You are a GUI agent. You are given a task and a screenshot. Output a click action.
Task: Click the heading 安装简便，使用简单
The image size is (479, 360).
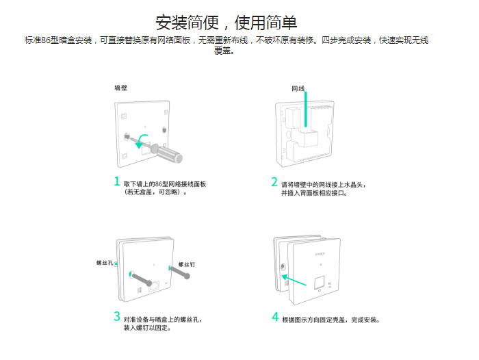[226, 23]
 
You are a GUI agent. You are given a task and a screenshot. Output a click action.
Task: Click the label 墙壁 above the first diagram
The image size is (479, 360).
[120, 88]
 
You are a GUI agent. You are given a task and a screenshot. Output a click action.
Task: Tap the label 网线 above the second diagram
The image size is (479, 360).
[298, 88]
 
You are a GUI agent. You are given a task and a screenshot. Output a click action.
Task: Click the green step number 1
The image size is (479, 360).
[117, 181]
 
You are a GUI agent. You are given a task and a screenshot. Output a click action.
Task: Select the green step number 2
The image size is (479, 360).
[274, 182]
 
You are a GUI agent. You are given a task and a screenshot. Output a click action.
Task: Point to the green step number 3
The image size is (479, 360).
[117, 316]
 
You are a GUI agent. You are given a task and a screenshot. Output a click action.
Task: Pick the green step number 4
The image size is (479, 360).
[275, 317]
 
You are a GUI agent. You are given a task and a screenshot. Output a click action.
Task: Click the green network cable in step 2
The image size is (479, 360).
[305, 110]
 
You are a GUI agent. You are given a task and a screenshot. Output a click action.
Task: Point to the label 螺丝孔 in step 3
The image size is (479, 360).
[105, 263]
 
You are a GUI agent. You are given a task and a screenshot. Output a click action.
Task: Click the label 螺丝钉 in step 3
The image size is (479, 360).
[186, 264]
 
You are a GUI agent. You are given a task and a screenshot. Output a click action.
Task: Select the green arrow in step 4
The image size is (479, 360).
[294, 280]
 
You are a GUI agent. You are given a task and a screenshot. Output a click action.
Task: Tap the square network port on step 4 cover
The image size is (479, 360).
[320, 283]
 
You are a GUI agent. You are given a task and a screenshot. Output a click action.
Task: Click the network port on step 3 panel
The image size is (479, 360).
[154, 286]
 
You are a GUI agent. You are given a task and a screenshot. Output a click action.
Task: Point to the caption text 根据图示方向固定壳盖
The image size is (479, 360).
[314, 320]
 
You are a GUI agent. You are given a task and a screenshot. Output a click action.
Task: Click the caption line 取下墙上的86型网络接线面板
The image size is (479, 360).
[165, 184]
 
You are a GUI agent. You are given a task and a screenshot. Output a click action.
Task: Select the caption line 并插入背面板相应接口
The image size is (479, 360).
[314, 193]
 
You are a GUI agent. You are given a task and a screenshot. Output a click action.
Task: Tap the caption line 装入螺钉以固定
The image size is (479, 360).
[147, 328]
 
